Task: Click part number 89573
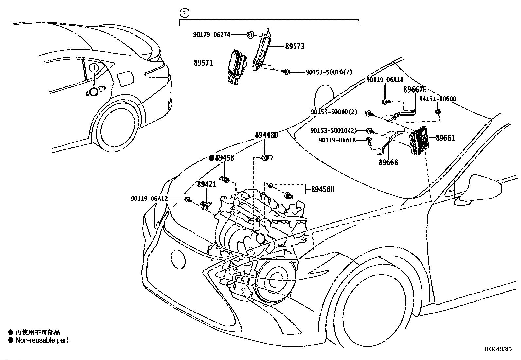(295, 47)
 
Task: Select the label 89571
(203, 63)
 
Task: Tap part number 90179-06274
(211, 34)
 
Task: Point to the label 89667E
(415, 90)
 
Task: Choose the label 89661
(445, 138)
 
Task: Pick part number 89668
(388, 162)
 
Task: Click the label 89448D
(266, 135)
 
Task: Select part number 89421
(207, 184)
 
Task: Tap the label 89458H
(323, 189)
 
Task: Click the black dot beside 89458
(211, 158)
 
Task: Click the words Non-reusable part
(42, 340)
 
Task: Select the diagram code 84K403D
(498, 349)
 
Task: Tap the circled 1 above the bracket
(185, 13)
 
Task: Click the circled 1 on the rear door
(94, 68)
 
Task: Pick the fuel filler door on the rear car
(125, 79)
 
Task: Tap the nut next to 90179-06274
(249, 34)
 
